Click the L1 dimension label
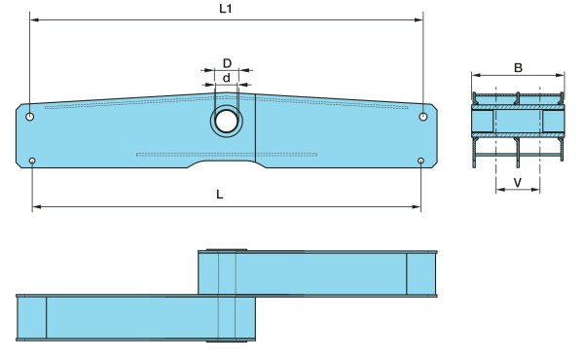pos(226,9)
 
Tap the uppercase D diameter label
pos(227,63)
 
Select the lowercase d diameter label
pos(226,78)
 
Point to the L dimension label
pos(220,194)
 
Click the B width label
pos(518,68)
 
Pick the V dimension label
pos(518,182)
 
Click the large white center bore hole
pos(227,122)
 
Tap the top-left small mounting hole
pos(30,117)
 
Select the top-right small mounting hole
pos(423,117)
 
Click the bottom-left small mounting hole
pos(32,161)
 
